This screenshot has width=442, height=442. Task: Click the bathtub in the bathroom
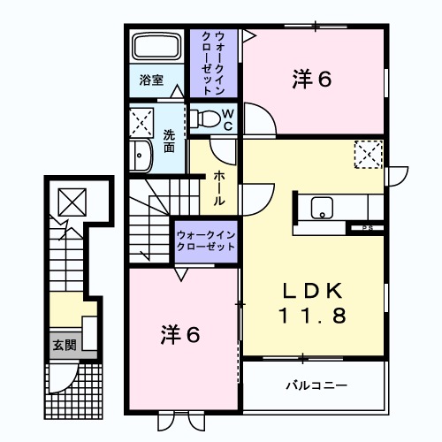point(156,47)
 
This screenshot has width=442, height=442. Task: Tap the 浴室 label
point(151,80)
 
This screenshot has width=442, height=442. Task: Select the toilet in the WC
point(205,118)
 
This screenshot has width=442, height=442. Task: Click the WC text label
point(228,120)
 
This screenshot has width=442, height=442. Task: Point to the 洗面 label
point(169,141)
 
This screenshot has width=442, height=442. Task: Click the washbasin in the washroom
point(141,155)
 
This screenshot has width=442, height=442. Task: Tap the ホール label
point(219,187)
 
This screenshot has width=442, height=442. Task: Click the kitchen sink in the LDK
point(322,208)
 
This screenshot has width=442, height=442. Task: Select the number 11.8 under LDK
point(312,316)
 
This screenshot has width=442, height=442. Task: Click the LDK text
point(313,291)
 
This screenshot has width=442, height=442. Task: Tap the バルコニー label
point(316,385)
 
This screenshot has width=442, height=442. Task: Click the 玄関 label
point(65,345)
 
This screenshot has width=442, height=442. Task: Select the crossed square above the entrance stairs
point(72,202)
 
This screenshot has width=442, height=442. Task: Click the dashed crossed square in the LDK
point(369,155)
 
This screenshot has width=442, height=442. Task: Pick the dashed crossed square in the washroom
point(141,123)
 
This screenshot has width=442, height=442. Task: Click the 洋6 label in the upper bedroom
point(312,79)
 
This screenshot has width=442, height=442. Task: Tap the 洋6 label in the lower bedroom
point(180,335)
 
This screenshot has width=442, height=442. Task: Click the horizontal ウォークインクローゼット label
point(206,240)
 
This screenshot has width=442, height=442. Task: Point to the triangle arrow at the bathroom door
point(177,91)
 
